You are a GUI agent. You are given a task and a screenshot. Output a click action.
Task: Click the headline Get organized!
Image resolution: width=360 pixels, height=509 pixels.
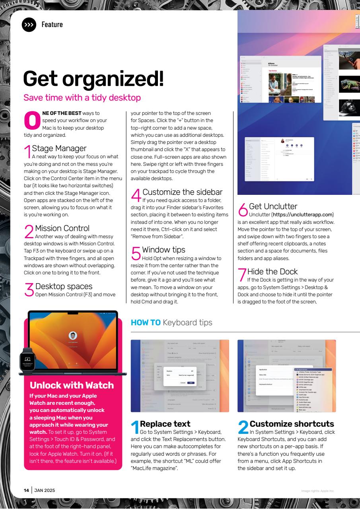(x=93, y=78)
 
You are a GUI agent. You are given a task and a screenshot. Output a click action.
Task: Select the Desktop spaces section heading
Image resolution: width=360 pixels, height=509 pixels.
(x=64, y=286)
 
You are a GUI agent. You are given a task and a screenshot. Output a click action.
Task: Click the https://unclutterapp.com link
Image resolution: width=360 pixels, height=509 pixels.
(x=302, y=215)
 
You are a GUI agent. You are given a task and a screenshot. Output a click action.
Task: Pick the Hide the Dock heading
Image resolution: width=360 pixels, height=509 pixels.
(x=272, y=272)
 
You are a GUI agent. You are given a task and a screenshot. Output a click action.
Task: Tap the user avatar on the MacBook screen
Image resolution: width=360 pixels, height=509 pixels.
(x=73, y=335)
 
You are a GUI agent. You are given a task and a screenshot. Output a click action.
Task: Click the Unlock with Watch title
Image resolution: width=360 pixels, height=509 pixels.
(x=72, y=385)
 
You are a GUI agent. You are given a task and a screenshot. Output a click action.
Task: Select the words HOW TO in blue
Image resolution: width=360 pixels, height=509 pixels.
(x=146, y=322)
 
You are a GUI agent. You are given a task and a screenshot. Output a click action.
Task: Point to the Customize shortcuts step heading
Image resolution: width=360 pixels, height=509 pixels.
(x=292, y=424)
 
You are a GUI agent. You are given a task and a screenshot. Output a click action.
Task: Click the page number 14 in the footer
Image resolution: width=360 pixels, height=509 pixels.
(x=26, y=490)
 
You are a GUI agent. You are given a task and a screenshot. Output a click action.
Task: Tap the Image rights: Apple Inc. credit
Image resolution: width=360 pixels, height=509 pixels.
(x=318, y=491)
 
